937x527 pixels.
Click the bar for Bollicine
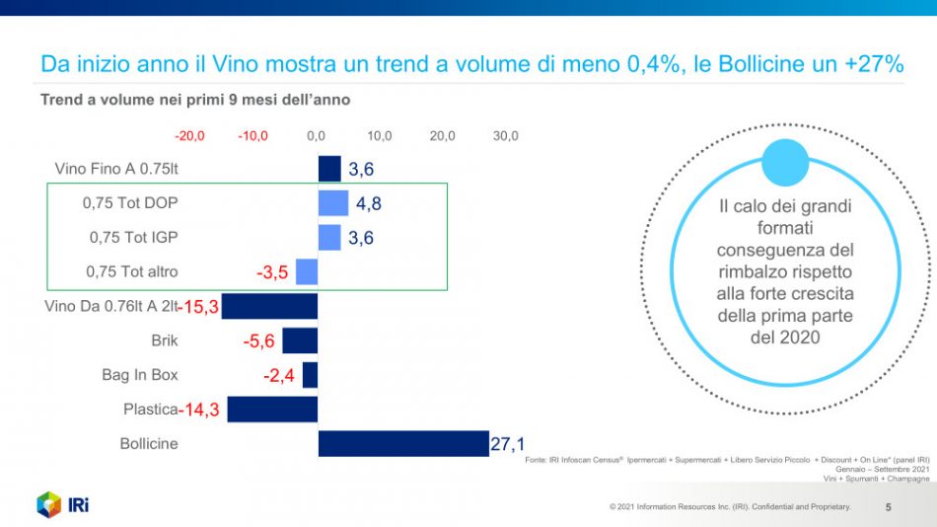point(403,443)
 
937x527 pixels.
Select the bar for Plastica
point(272,410)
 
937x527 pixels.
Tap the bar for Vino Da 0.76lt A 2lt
point(269,306)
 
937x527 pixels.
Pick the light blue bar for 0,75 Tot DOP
point(333,203)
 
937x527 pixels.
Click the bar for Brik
point(300,340)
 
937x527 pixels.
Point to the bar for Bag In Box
point(310,375)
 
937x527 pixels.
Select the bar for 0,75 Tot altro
point(307,271)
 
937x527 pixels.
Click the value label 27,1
point(508,445)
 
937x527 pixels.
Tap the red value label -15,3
point(197,307)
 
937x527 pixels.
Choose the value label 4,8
point(369,204)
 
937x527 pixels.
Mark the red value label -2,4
point(278,376)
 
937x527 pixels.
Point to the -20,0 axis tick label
point(189,135)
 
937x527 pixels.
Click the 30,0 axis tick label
point(505,135)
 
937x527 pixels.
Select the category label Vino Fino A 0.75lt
point(116,168)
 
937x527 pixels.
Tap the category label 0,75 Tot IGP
point(133,237)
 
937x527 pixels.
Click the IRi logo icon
point(49,503)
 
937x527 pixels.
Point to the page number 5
point(888,507)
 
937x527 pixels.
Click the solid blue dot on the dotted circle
point(785,164)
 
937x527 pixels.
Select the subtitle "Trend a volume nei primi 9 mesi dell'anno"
point(195,100)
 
